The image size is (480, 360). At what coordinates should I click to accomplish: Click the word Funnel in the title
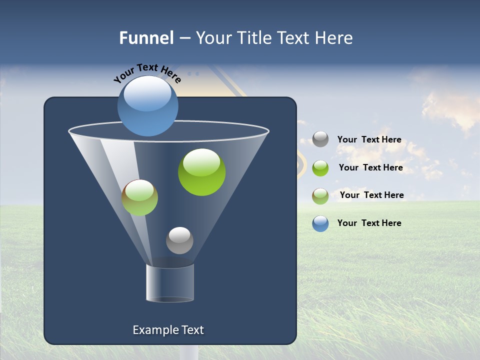tap(146, 38)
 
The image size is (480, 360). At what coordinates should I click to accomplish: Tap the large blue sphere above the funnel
tap(147, 106)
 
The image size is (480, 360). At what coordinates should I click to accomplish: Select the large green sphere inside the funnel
tap(201, 172)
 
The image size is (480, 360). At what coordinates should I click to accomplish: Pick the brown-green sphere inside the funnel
tap(139, 197)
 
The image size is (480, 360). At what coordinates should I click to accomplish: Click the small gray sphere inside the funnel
tap(179, 240)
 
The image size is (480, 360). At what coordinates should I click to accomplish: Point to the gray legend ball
tap(320, 139)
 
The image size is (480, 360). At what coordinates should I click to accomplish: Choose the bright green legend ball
tap(320, 167)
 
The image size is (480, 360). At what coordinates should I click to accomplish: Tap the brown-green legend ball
tap(320, 195)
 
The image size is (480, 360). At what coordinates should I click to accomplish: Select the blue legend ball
tap(320, 223)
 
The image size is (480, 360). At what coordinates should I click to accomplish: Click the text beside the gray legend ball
tap(369, 140)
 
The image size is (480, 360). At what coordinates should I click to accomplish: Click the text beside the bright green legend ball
tap(370, 168)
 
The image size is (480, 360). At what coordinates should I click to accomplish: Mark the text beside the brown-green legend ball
tap(371, 195)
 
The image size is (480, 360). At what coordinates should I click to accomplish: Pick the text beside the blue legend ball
tap(369, 223)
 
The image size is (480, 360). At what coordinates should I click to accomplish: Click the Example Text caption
tap(168, 330)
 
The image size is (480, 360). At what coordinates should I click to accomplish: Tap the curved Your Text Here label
tap(147, 73)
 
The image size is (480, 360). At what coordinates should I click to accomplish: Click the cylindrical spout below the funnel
tap(169, 283)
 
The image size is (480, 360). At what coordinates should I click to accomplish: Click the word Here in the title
tap(336, 38)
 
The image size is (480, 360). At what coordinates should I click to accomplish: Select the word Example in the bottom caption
tap(154, 330)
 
